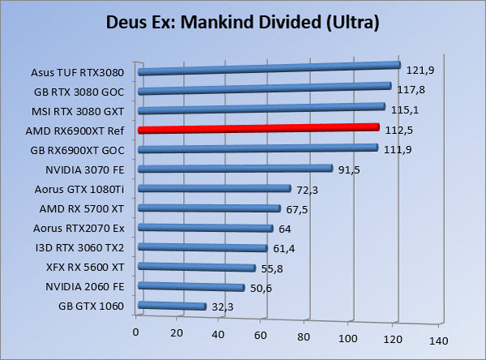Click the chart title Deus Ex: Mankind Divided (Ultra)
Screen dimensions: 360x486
[244, 23]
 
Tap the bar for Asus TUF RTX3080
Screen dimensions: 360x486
[270, 69]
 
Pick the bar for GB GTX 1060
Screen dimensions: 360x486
[173, 306]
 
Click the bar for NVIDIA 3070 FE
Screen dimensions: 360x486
[236, 169]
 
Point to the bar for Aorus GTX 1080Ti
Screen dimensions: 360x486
[215, 188]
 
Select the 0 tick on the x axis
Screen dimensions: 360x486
[137, 332]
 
